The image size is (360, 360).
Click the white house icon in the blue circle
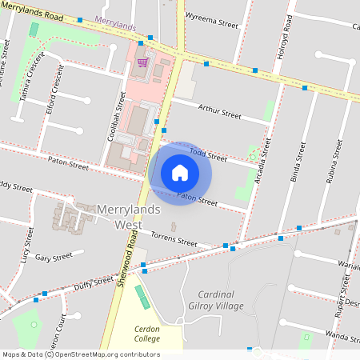(x=180, y=173)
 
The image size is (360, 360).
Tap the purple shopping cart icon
(x=142, y=62)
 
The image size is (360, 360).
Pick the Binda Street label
(x=297, y=163)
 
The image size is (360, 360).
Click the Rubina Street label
(x=335, y=163)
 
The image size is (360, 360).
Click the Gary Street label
(x=54, y=257)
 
